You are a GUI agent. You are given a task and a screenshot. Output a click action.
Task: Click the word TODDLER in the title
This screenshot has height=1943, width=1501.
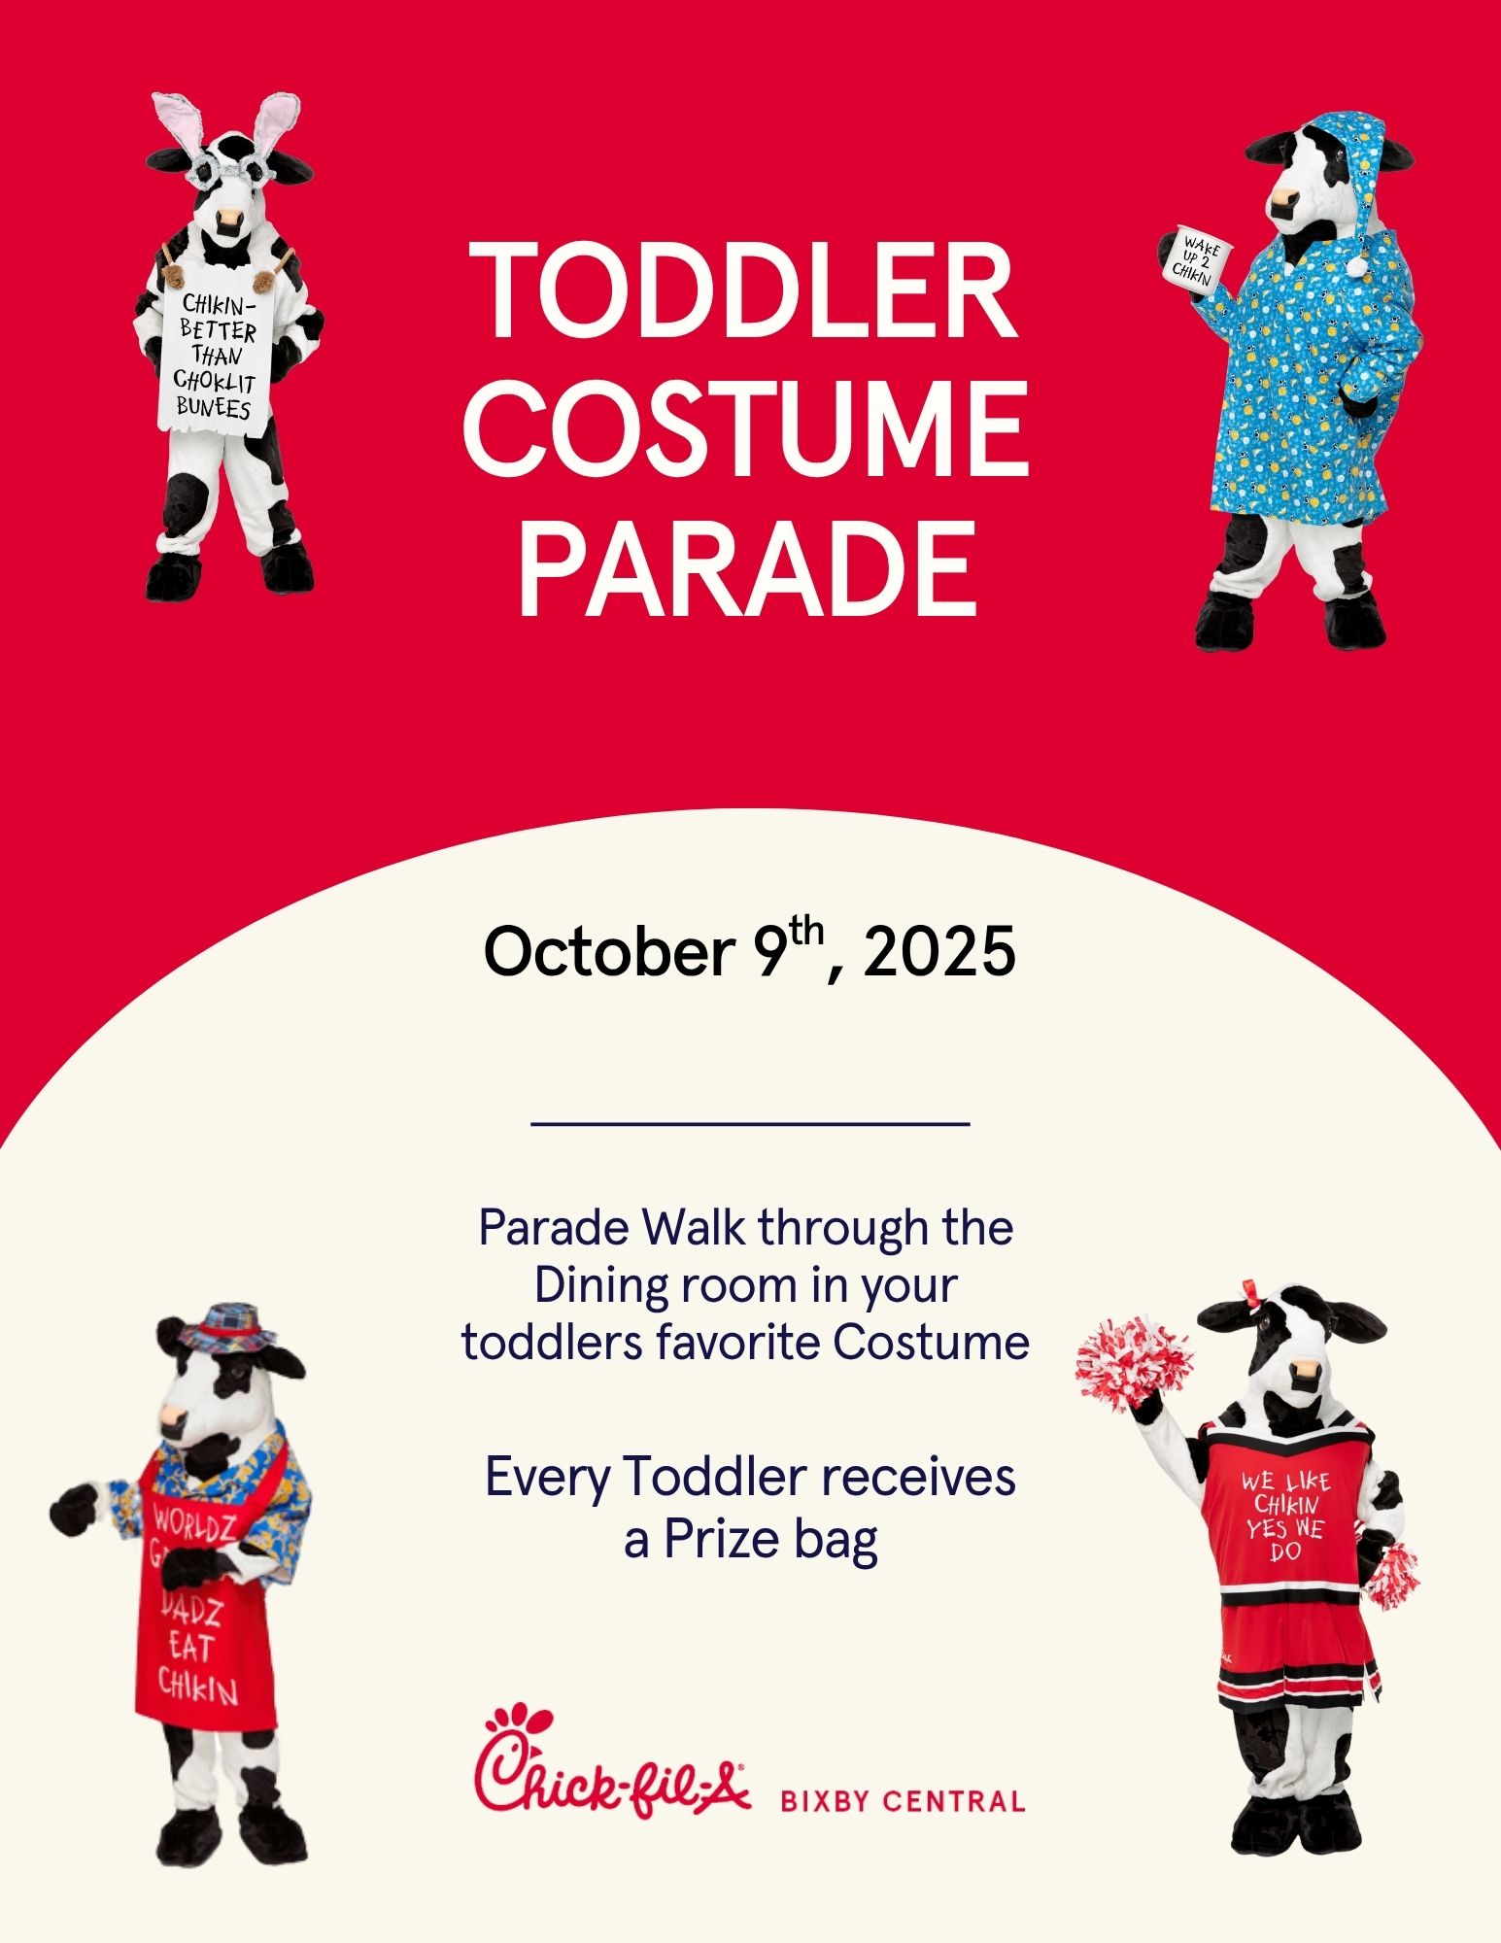pyautogui.click(x=744, y=289)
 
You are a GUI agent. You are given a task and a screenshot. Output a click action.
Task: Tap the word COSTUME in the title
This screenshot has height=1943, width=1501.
pyautogui.click(x=745, y=428)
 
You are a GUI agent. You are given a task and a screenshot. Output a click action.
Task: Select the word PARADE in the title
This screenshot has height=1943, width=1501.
pyautogui.click(x=746, y=568)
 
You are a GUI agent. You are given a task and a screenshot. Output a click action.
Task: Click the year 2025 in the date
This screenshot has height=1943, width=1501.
pyautogui.click(x=938, y=952)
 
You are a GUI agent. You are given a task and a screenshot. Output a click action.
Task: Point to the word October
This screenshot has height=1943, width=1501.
pyautogui.click(x=608, y=952)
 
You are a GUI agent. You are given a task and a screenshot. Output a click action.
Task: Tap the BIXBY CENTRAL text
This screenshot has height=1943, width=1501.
pyautogui.click(x=903, y=1802)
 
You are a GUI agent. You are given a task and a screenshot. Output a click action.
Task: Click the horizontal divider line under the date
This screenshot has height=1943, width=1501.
pyautogui.click(x=750, y=1124)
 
